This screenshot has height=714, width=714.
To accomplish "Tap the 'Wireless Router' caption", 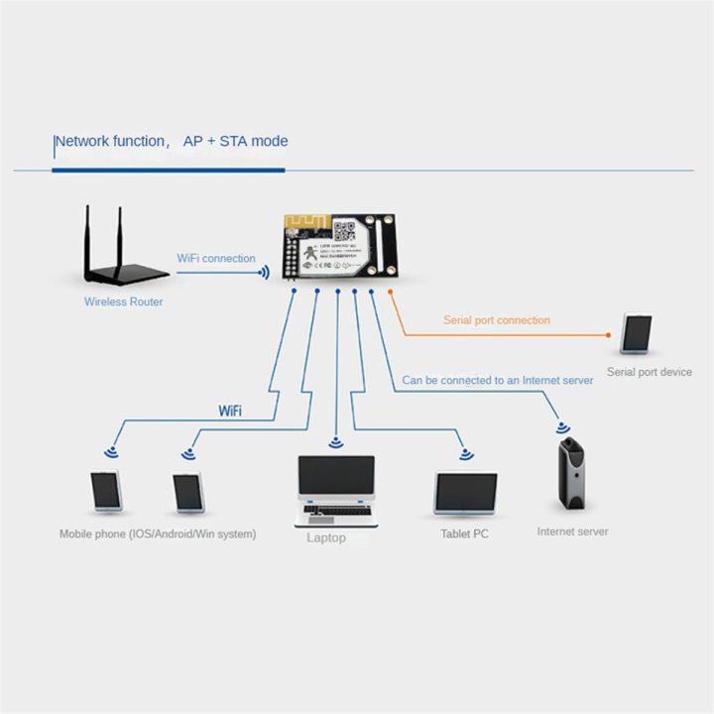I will click(124, 301).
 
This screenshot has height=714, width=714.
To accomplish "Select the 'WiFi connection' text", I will click(216, 258).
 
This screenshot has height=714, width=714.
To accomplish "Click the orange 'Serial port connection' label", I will click(496, 320).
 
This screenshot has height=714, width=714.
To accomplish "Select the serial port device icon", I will click(637, 334).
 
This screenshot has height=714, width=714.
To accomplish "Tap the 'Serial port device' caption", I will click(649, 373).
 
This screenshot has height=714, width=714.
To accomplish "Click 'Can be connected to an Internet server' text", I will click(498, 380).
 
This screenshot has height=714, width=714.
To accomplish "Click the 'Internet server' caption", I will click(572, 532).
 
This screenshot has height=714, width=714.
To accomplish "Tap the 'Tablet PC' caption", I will click(464, 535).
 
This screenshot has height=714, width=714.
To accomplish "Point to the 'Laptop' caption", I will click(326, 537).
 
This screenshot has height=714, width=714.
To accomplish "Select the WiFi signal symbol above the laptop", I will click(337, 442).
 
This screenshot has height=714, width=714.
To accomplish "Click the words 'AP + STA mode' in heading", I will click(235, 141).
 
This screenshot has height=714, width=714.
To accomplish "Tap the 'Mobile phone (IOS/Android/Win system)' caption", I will click(157, 535).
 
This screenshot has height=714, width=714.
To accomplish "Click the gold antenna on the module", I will click(302, 224).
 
